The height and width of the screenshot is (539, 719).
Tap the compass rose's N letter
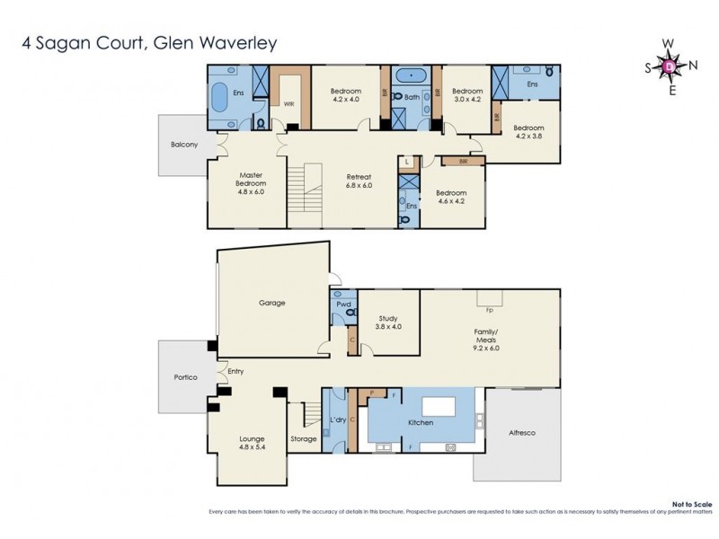pos(692,65)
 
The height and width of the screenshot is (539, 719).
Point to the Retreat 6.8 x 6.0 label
pos(359,182)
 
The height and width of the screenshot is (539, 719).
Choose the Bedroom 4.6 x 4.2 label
pos(451,198)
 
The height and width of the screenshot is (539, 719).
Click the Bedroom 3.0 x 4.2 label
pos(467,95)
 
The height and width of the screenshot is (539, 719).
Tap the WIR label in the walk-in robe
pos(289,104)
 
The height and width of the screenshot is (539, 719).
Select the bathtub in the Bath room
pos(412,75)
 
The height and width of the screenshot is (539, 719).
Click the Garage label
pos(271,303)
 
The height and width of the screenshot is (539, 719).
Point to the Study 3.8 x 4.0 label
pos(388,322)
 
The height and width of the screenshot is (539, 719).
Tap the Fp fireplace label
pos(489,310)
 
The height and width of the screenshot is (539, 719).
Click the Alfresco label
pos(521,434)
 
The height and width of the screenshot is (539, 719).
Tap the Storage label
pos(304,438)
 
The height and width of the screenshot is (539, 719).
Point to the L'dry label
pos(338,420)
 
